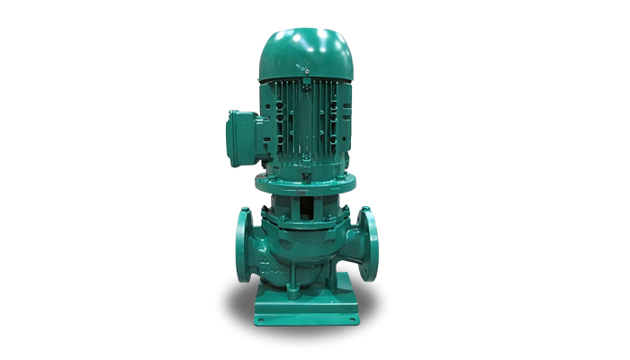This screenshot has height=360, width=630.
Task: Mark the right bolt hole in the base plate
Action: point(347,318)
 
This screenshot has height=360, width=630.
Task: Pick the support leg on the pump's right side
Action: point(341,283)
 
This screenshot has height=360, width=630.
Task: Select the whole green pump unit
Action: point(303,180)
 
